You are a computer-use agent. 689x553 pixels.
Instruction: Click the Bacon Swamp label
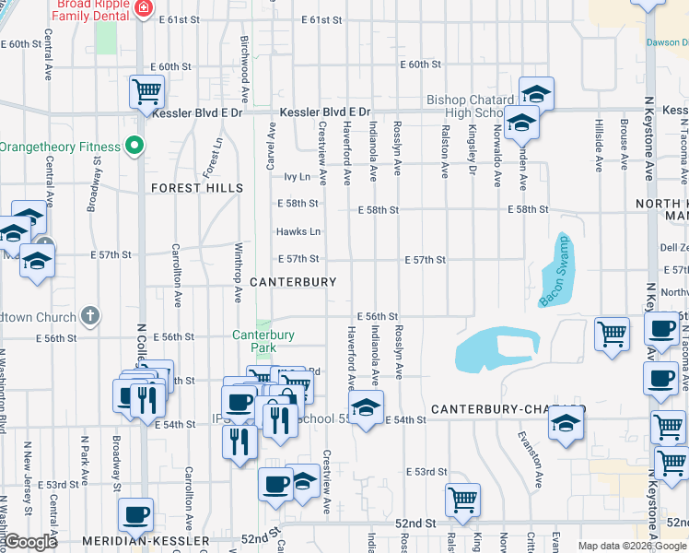pyautogui.click(x=555, y=271)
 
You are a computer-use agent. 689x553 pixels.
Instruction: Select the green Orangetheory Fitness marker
pyautogui.click(x=134, y=146)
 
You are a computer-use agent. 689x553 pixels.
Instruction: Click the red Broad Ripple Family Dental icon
pyautogui.click(x=143, y=9)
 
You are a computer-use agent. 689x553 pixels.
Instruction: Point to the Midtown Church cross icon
pyautogui.click(x=89, y=316)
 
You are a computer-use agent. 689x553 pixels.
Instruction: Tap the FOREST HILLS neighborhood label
pyautogui.click(x=198, y=188)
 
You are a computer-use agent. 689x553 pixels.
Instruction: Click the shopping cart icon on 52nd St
pyautogui.click(x=462, y=499)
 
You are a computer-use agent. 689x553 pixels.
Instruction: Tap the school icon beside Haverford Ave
pyautogui.click(x=366, y=407)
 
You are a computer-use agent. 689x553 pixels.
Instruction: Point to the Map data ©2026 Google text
pyautogui.click(x=633, y=546)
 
